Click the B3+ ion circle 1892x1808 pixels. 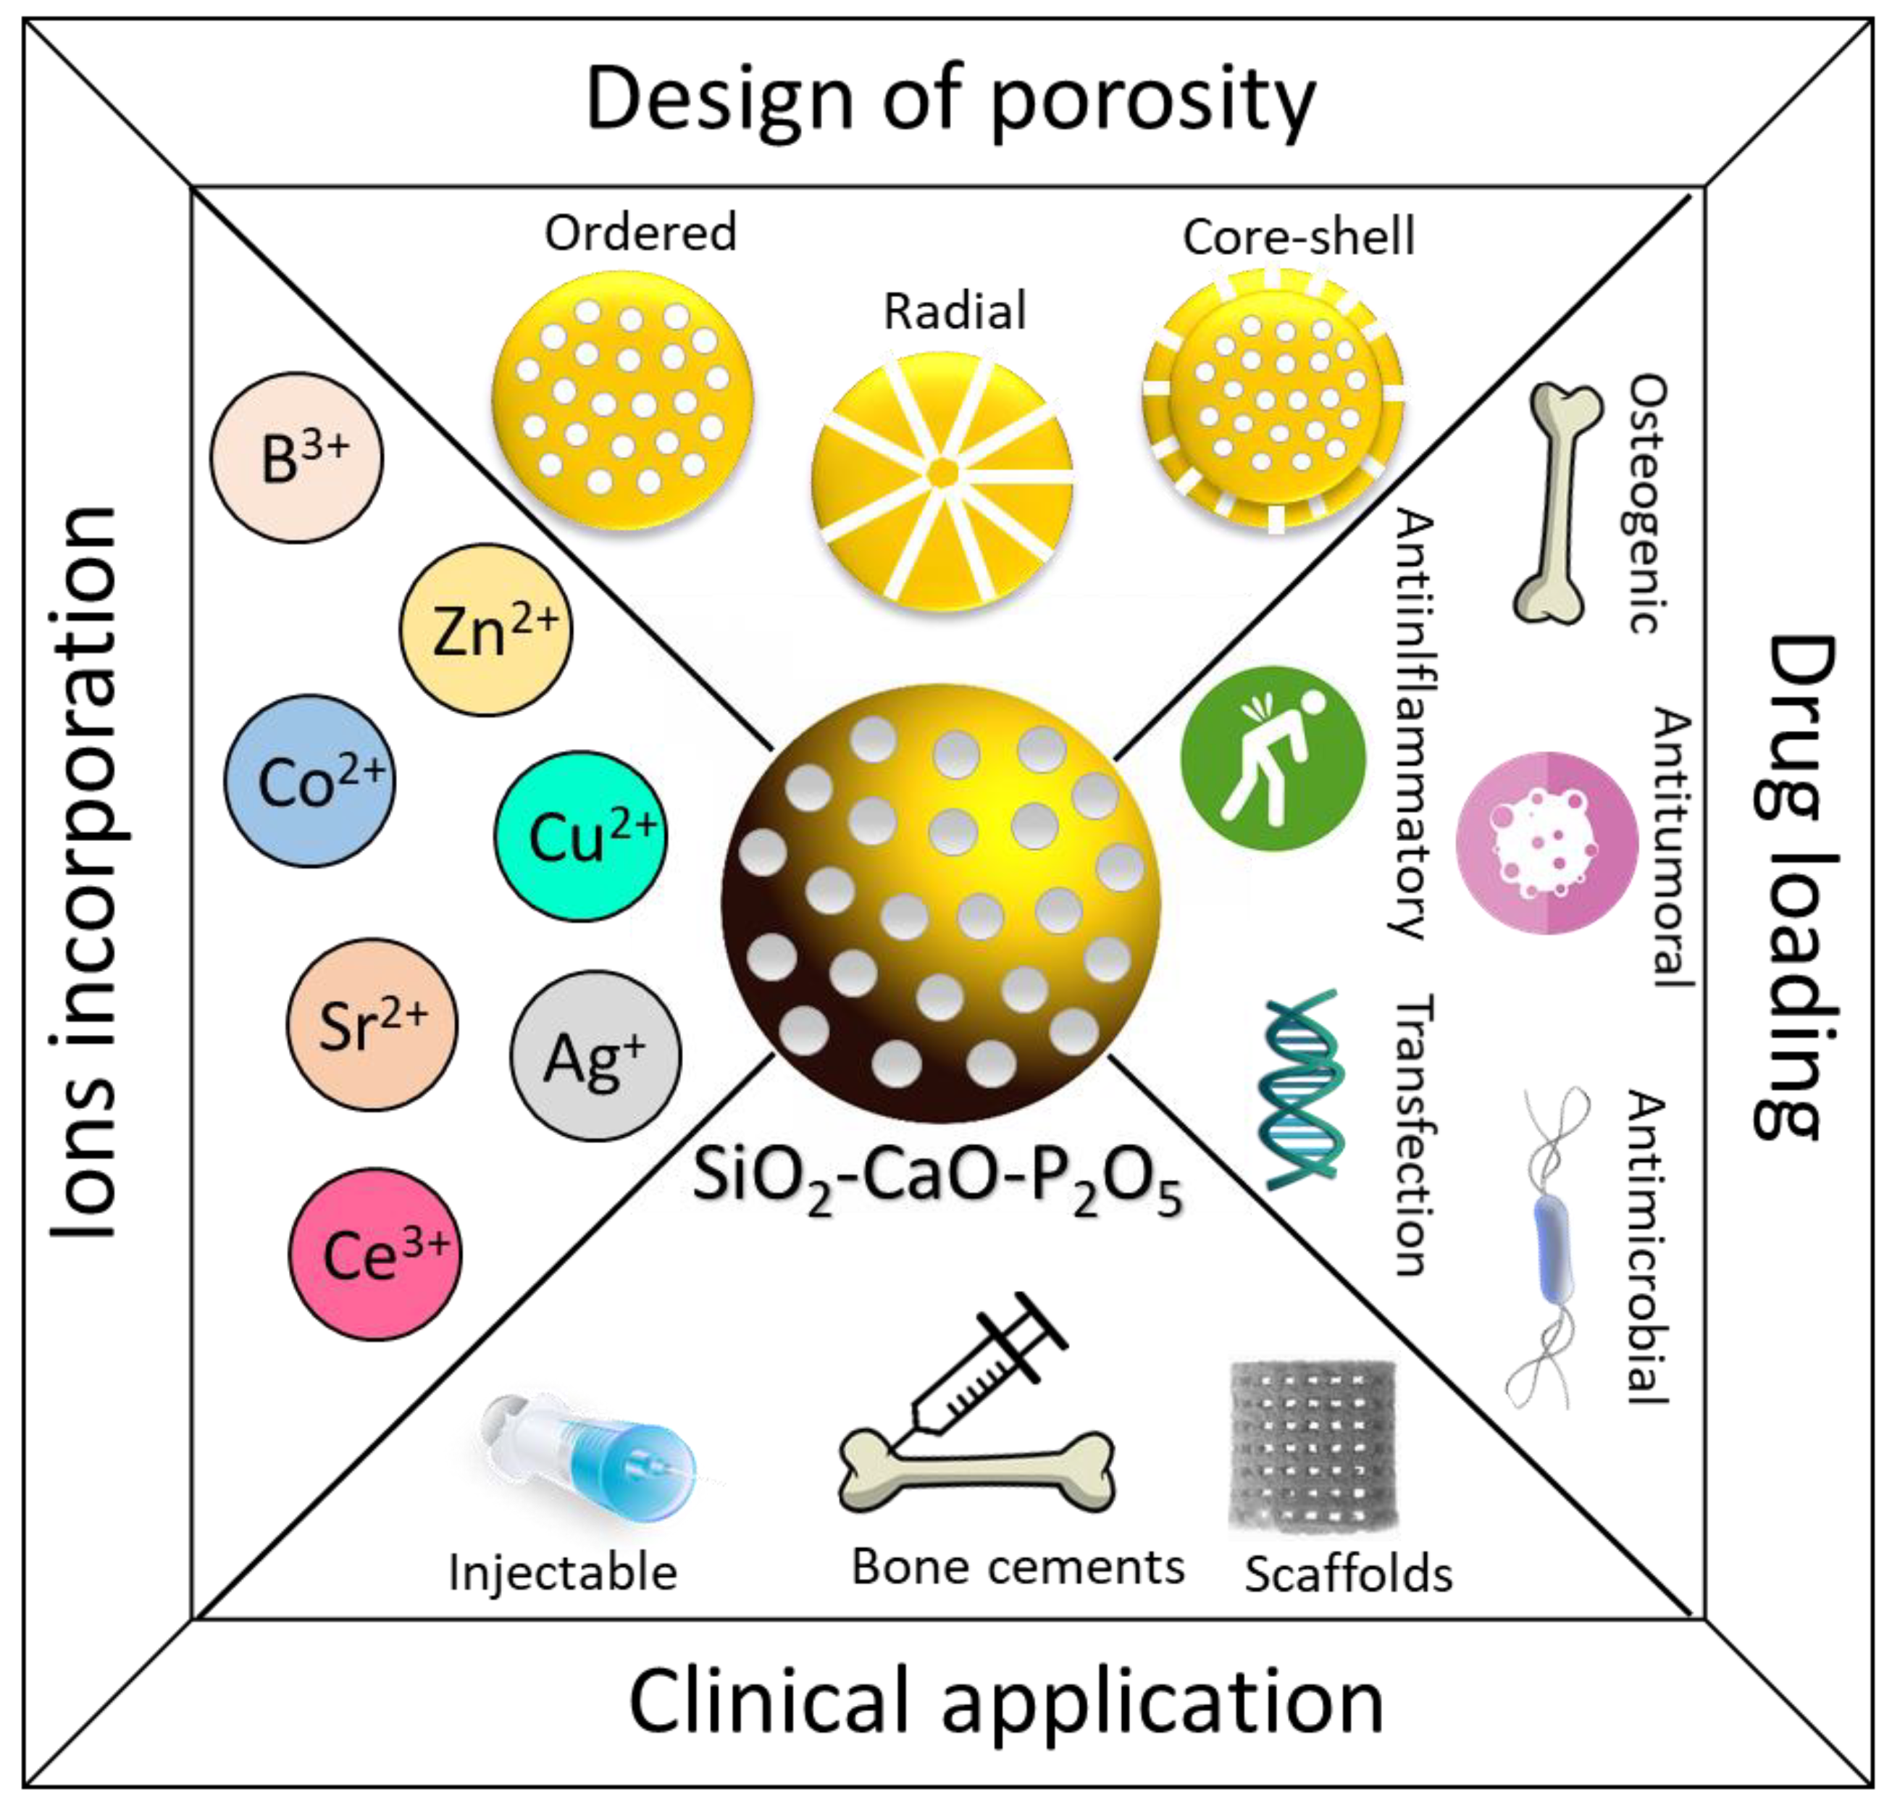(296, 457)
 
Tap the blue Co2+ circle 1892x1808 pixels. (309, 781)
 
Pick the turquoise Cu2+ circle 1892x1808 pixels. (579, 836)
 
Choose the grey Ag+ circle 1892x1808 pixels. (595, 1056)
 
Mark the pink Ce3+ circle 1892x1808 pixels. (375, 1254)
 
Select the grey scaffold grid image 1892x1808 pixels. (1312, 1446)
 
